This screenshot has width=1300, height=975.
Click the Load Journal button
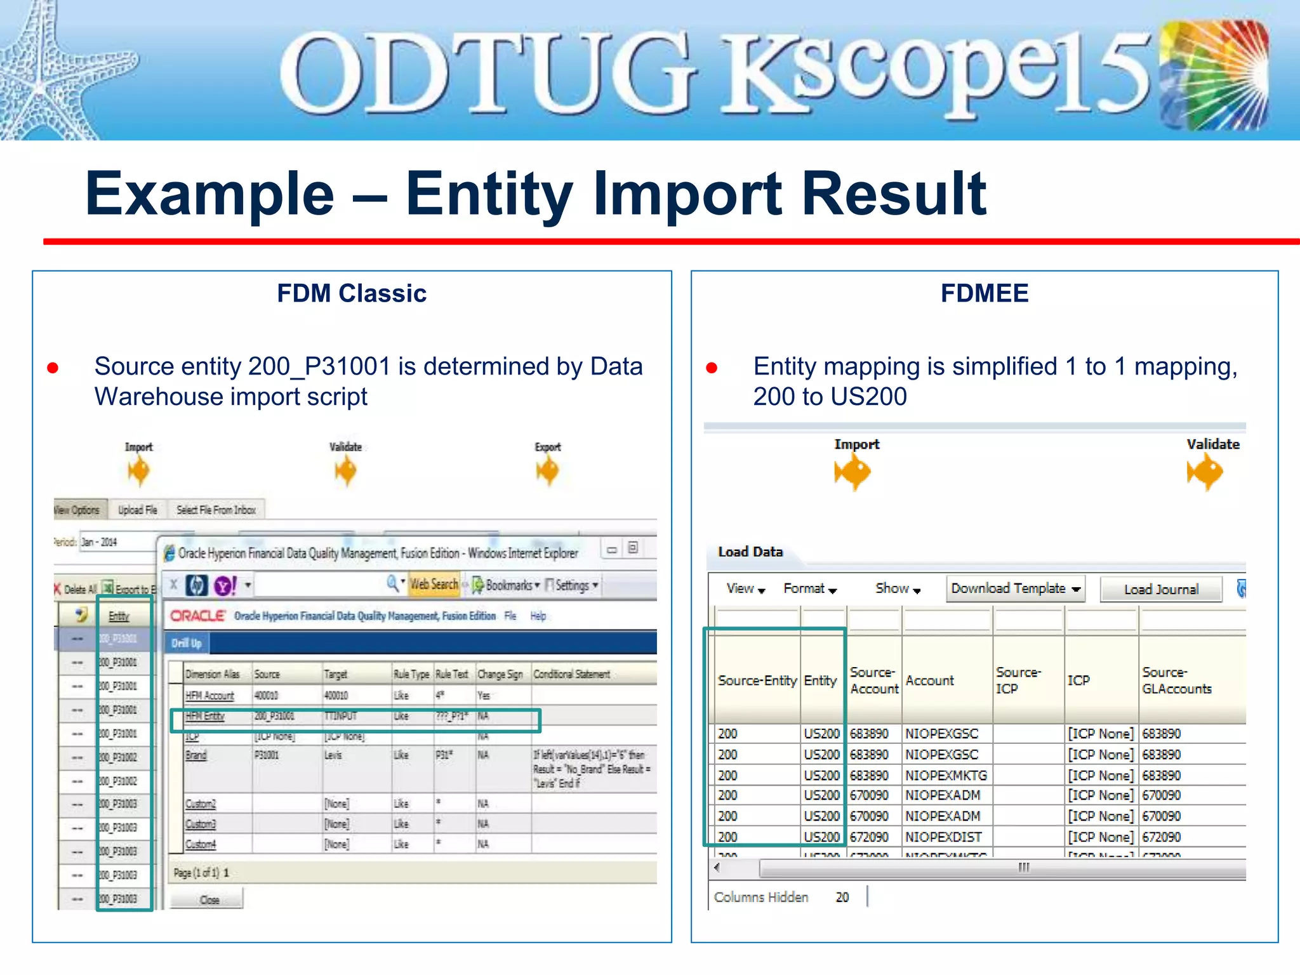point(1160,590)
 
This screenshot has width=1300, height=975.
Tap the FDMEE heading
point(984,293)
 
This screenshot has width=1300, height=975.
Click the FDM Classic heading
point(352,293)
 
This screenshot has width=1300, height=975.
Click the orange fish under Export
point(547,471)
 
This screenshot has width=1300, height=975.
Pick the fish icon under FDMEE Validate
point(1205,473)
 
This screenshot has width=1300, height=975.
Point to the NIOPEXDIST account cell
point(943,837)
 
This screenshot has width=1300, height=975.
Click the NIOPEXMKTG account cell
point(946,775)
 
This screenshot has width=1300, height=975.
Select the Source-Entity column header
point(757,680)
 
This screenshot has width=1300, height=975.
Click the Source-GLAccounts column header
point(1177,680)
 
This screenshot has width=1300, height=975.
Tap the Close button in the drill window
point(209,899)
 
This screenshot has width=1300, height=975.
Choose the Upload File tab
point(138,510)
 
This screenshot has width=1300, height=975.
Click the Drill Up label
point(187,643)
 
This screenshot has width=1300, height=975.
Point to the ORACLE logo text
point(198,616)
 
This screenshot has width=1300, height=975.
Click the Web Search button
point(434,584)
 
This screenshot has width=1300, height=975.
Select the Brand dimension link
point(196,755)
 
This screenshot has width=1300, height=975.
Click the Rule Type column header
point(411,674)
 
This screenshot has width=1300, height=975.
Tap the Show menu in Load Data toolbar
point(897,588)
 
